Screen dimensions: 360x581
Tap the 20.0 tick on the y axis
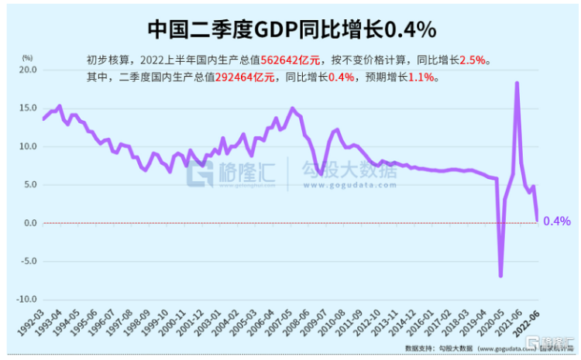pyautogui.click(x=28, y=70)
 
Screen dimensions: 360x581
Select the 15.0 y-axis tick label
pyautogui.click(x=28, y=108)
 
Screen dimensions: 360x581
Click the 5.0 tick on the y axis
pyautogui.click(x=30, y=184)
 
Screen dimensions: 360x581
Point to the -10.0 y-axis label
pyautogui.click(x=26, y=299)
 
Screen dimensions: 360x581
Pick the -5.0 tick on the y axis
pyautogui.click(x=28, y=261)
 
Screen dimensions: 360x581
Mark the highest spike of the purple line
pyautogui.click(x=517, y=83)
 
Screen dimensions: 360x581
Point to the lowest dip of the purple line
pyautogui.click(x=500, y=276)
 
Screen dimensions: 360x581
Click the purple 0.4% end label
pyautogui.click(x=556, y=221)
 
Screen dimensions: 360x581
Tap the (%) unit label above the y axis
pyautogui.click(x=28, y=57)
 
